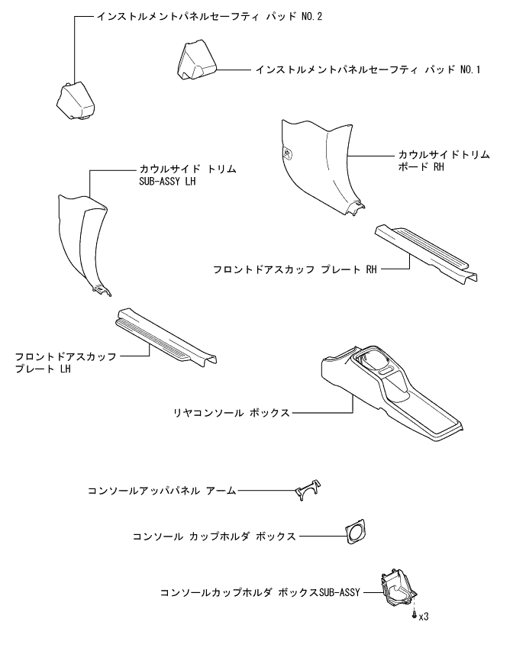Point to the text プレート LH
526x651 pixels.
[x=44, y=368]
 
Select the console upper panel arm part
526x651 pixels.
[x=306, y=491]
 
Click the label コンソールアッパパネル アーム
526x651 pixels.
[x=162, y=491]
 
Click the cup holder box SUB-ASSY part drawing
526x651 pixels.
[x=398, y=588]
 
